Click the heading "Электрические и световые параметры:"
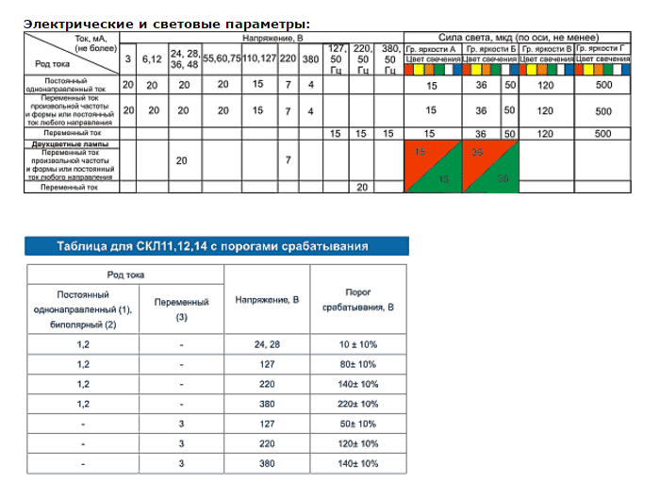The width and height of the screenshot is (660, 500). click(165, 24)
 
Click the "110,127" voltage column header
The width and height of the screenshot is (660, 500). click(259, 58)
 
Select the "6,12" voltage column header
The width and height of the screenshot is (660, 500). click(152, 58)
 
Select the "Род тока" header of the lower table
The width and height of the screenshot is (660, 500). click(124, 274)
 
